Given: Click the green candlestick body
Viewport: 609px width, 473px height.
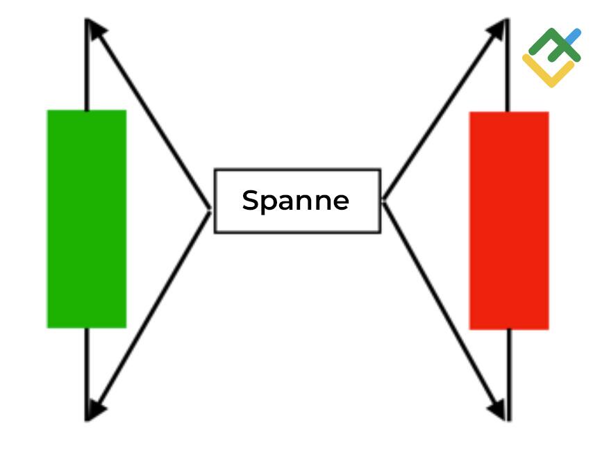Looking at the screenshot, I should [86, 219].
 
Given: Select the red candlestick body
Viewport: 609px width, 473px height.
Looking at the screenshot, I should [509, 220].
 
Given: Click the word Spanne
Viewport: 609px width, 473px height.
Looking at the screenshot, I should [296, 201].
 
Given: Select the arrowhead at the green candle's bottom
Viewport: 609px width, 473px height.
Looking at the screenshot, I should [97, 410].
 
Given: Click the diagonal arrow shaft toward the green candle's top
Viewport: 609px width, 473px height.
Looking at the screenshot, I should [153, 118].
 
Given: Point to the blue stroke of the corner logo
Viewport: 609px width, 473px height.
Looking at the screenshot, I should [572, 36].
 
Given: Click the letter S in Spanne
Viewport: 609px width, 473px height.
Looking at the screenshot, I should [251, 201].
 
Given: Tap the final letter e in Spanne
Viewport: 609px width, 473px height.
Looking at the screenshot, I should [341, 202].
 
